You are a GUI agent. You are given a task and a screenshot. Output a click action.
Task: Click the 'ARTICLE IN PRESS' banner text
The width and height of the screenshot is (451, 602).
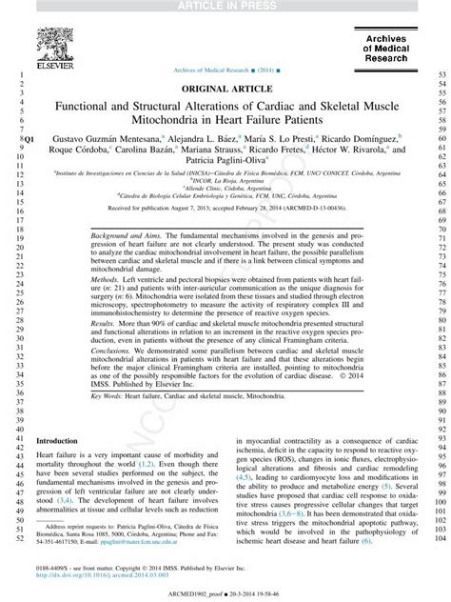[225, 7]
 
